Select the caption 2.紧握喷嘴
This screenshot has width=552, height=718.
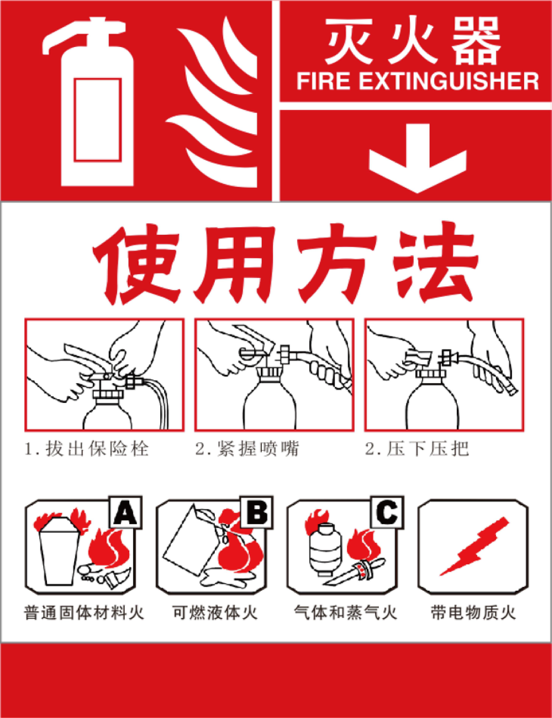coord(247,449)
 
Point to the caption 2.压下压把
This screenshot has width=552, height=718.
coord(417,449)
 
